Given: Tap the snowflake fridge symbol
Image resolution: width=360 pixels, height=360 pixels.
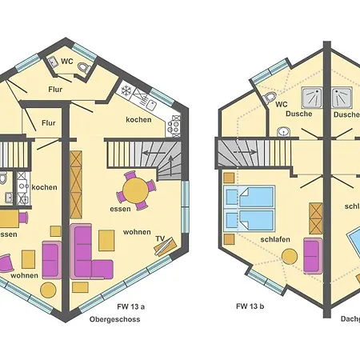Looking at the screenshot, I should (126, 90).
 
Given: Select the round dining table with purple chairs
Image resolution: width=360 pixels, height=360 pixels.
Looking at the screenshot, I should (137, 191).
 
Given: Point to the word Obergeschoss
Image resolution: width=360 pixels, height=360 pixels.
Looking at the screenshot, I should (115, 319).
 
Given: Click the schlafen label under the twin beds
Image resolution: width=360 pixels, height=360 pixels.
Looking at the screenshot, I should (274, 238).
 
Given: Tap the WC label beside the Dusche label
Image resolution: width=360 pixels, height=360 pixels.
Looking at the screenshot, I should (281, 104).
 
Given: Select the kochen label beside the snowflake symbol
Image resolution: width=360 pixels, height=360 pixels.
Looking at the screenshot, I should (139, 120).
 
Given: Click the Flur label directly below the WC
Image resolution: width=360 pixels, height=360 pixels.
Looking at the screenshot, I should (55, 90).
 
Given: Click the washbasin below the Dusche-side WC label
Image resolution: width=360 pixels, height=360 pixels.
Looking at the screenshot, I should (282, 132).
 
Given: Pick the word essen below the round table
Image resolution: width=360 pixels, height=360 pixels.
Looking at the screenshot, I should (121, 209).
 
